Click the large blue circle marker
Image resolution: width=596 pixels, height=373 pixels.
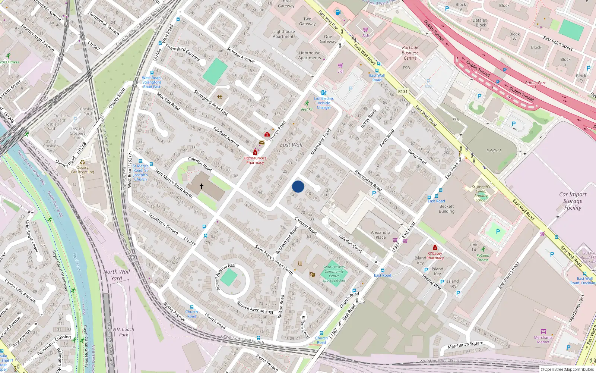(298, 186)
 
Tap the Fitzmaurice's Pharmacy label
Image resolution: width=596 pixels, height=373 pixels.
(255, 160)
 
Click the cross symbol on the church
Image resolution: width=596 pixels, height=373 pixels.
(202, 186)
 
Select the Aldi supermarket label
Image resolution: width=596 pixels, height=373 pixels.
(366, 35)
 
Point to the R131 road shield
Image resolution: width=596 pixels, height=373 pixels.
(403, 91)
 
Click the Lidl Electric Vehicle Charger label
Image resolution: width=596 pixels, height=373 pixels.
(324, 103)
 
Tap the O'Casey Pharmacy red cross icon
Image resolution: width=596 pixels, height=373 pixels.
(435, 247)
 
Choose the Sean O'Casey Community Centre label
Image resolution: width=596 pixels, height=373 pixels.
(334, 273)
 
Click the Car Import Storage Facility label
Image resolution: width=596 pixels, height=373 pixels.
(573, 201)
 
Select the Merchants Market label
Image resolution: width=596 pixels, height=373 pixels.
(543, 339)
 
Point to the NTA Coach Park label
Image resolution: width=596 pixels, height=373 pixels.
(123, 332)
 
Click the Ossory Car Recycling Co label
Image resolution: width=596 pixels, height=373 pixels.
(82, 172)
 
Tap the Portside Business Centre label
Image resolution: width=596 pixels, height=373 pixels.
(410, 53)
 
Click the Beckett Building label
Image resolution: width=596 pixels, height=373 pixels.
(447, 209)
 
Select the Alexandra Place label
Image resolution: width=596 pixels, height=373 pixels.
(380, 235)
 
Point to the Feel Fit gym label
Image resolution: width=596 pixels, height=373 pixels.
(307, 109)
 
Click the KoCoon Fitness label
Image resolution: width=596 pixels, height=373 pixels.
(483, 257)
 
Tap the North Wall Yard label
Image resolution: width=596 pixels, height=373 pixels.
(117, 275)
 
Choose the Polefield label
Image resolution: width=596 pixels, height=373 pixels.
(494, 151)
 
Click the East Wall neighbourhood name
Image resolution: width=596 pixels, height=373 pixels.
(291, 145)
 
